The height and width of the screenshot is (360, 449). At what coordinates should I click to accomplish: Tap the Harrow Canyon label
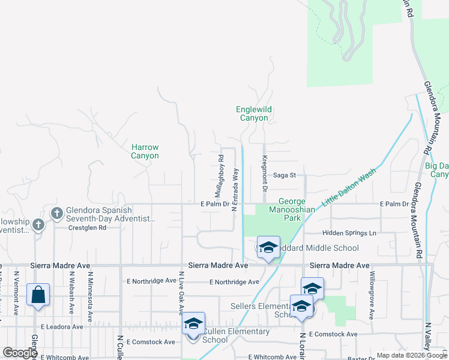[x=145, y=151]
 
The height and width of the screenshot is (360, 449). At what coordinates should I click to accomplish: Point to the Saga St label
[x=285, y=175]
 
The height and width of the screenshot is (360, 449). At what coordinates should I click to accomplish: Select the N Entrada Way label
[x=235, y=190]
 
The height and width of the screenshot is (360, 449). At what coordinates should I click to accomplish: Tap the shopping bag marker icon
[x=38, y=295]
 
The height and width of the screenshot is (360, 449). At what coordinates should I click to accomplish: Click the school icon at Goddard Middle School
[x=268, y=248]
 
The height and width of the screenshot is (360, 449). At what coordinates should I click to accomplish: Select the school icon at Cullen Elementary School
[x=193, y=324]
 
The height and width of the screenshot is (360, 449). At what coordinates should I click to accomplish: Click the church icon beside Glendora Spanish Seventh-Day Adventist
[x=57, y=213]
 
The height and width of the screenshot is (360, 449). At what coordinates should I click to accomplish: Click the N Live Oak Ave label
[x=180, y=292]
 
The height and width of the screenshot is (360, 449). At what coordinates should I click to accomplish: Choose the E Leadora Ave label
[x=62, y=327]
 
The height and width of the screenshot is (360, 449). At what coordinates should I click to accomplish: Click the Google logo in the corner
[x=20, y=353]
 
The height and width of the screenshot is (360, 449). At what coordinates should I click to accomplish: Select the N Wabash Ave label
[x=71, y=293]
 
